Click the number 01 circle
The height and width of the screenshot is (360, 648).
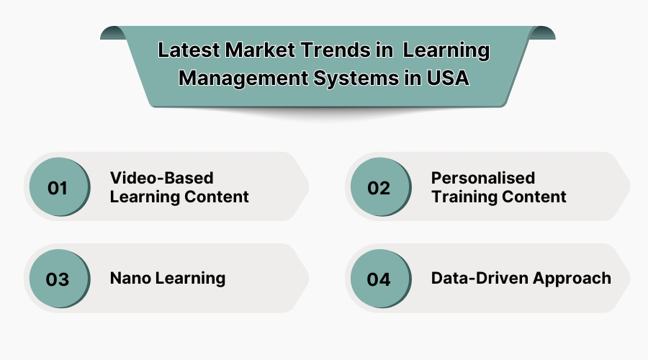(x=58, y=188)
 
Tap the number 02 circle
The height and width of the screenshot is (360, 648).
(x=379, y=188)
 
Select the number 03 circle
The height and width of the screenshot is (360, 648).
(x=58, y=279)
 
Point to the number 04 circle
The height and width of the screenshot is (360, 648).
(x=379, y=279)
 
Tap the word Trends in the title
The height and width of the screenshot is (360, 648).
(x=333, y=51)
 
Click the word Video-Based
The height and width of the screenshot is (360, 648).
(x=161, y=178)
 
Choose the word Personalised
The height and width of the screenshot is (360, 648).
(x=483, y=178)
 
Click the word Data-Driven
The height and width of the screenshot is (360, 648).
(x=476, y=278)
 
